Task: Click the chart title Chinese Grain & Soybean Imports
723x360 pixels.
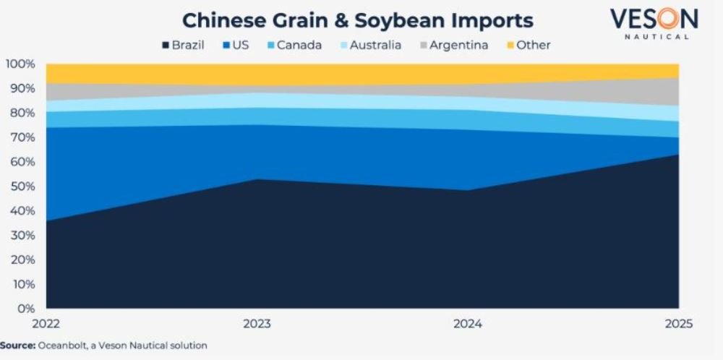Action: point(357,20)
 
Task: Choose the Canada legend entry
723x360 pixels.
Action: point(294,45)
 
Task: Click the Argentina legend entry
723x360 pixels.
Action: point(453,45)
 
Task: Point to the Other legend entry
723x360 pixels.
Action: point(527,45)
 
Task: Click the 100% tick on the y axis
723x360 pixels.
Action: point(20,64)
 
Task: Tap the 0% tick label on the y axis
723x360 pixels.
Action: point(25,309)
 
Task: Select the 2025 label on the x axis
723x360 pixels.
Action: point(677,325)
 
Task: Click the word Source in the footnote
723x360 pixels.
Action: point(17,346)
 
